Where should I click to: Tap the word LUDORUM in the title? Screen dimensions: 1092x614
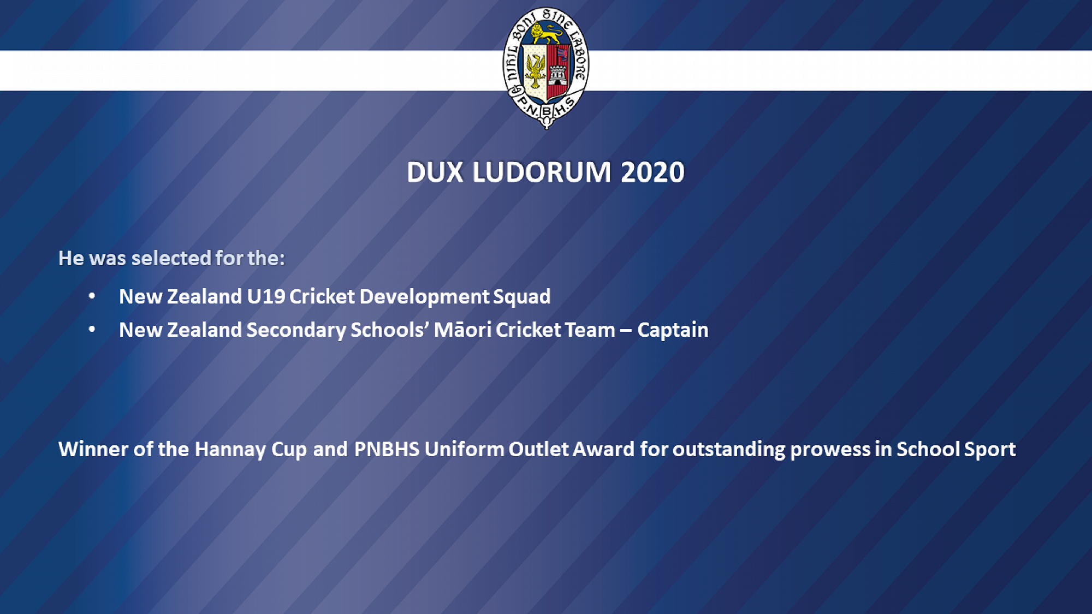[x=542, y=172]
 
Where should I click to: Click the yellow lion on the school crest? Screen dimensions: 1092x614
[x=546, y=34]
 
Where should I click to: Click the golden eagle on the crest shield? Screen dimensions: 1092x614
[x=535, y=71]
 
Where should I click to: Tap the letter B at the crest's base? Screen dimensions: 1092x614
[x=546, y=112]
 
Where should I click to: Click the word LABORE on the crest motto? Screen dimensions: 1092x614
[x=578, y=55]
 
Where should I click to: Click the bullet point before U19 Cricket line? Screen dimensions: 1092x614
[x=92, y=296]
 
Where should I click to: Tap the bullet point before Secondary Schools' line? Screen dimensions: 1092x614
[x=92, y=329]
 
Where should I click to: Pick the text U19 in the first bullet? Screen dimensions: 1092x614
[x=266, y=296]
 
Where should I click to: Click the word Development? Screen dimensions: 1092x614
[x=424, y=297]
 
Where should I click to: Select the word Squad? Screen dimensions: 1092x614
[x=522, y=297]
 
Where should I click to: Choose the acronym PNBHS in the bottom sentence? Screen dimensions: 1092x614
[x=387, y=449]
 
